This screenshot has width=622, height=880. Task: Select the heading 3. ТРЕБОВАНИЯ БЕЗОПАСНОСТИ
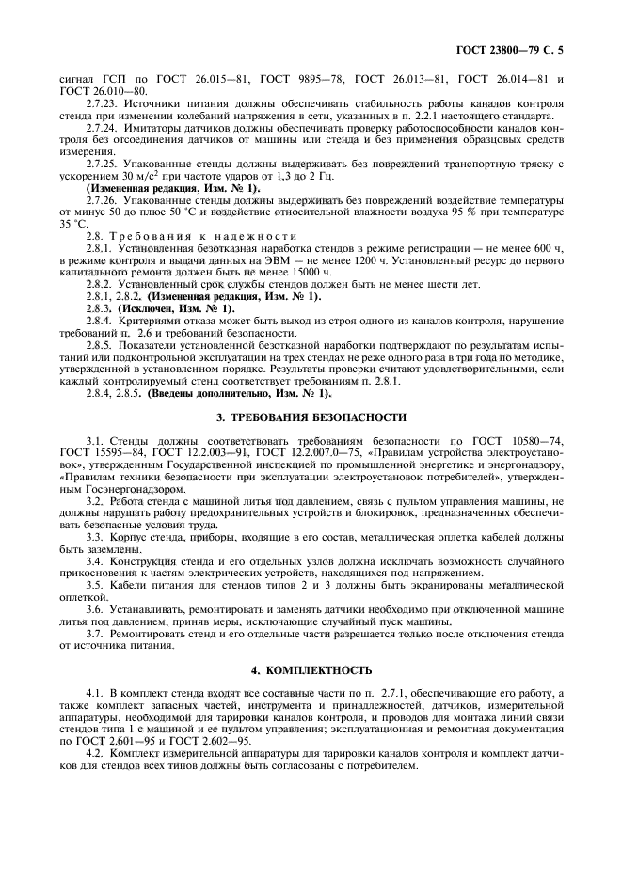tap(311, 416)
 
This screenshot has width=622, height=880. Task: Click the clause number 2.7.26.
tap(103, 202)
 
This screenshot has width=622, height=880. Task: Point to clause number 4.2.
tap(95, 754)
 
